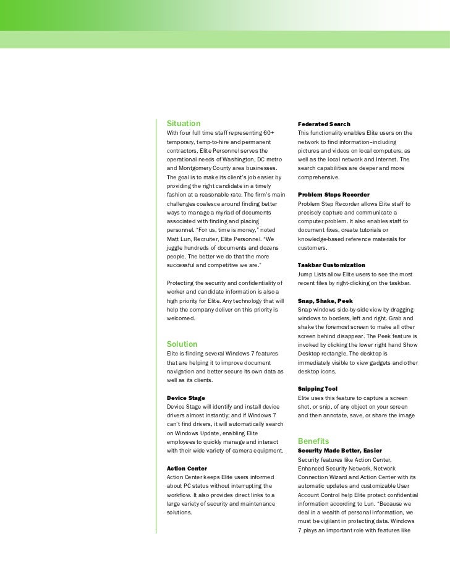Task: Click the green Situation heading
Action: tap(184, 124)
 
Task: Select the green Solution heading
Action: tap(182, 344)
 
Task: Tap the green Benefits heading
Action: tap(313, 441)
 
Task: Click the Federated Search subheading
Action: tap(323, 124)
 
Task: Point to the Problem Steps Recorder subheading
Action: tap(334, 195)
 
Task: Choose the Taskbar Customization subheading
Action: tap(331, 265)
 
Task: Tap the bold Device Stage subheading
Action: tap(186, 398)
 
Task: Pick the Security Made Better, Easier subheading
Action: tap(339, 451)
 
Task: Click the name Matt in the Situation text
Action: tap(174, 239)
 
